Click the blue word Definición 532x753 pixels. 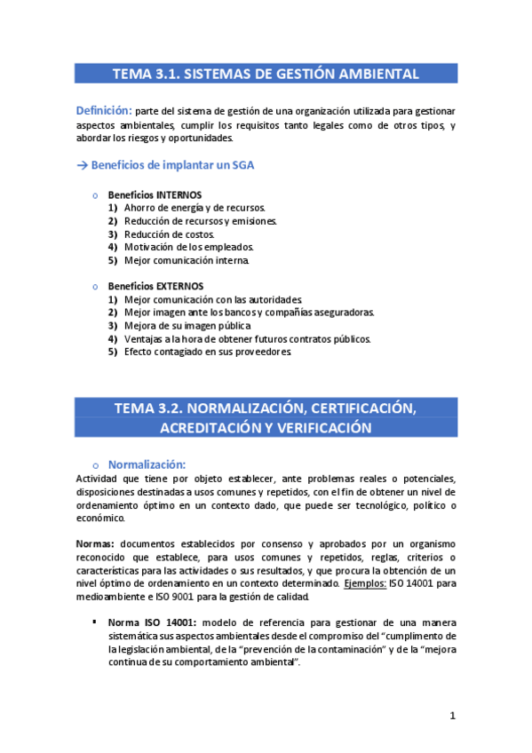104,111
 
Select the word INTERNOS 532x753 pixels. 179,194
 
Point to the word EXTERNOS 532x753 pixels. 179,286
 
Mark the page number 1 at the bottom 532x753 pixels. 452,716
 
